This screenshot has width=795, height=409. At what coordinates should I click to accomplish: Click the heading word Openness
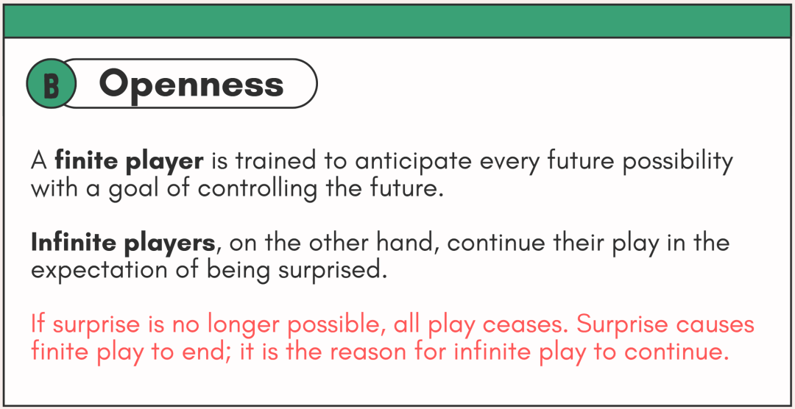191,84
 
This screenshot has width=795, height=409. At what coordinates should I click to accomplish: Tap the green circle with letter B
51,84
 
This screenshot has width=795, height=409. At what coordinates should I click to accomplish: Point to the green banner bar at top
397,21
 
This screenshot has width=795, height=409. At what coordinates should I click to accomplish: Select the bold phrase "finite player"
130,161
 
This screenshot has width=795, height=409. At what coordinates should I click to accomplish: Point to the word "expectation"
98,271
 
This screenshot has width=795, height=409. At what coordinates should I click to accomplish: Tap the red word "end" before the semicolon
207,352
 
